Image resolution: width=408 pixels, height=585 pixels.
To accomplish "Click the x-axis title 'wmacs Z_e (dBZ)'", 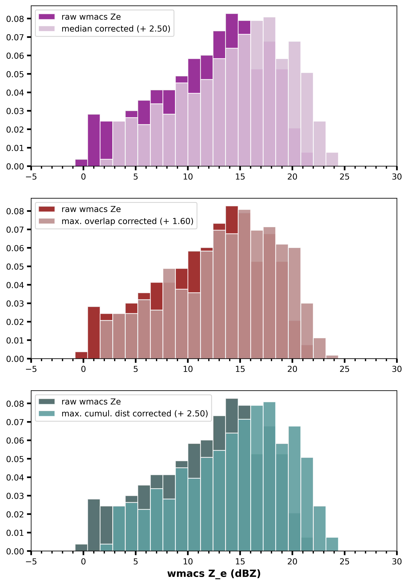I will click(214, 574).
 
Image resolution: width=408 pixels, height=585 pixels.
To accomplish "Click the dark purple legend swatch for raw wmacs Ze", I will click(47, 17).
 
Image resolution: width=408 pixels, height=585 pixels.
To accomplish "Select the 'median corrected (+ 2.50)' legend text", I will click(116, 29).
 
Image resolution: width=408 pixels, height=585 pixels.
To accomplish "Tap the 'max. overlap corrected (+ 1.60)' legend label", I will click(127, 221).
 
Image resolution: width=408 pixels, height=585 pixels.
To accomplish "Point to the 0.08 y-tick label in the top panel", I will click(15, 19).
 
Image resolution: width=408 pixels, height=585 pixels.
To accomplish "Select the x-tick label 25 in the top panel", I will click(344, 177).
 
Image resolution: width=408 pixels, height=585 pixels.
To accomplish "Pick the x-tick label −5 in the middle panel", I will click(31, 369).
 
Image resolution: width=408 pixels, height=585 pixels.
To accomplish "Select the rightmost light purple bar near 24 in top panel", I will click(332, 160).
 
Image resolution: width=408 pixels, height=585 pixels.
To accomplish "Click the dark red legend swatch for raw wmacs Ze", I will click(47, 209).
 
